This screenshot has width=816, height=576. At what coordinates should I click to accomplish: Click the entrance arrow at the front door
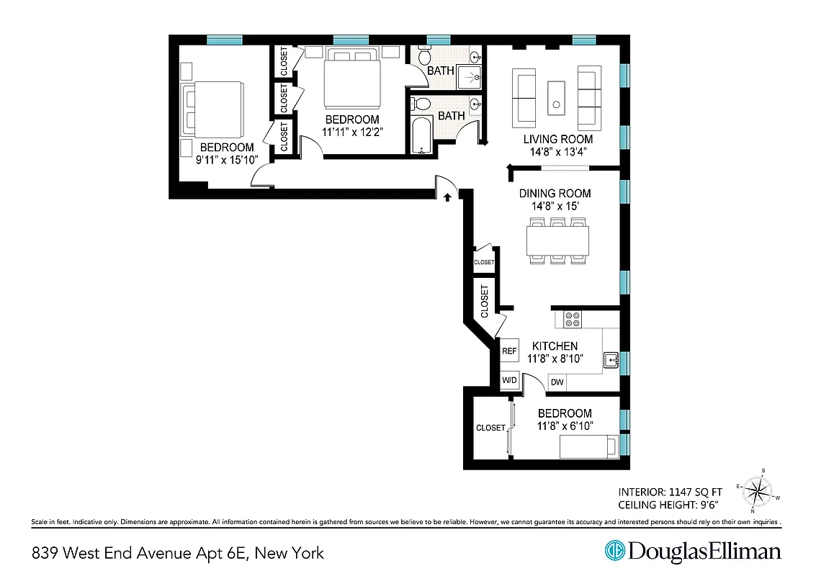point(448,195)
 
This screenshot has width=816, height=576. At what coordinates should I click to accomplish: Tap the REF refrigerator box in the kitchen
point(509,351)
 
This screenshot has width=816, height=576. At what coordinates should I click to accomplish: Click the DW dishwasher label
point(557,382)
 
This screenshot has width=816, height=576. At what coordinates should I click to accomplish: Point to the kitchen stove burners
point(573,319)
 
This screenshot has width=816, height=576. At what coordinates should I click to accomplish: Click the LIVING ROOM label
point(557,139)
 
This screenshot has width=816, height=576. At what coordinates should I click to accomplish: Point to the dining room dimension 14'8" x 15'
point(555,205)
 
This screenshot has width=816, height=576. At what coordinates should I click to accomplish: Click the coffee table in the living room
point(555,97)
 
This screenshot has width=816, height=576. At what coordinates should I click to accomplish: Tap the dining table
point(558,240)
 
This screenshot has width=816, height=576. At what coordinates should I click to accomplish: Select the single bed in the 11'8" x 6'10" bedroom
point(589,447)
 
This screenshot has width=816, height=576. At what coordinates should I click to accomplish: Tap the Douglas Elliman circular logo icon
point(614,552)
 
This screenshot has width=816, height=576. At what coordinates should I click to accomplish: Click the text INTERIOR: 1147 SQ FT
point(669,492)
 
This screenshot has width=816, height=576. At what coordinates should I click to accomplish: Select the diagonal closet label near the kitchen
point(485,301)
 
